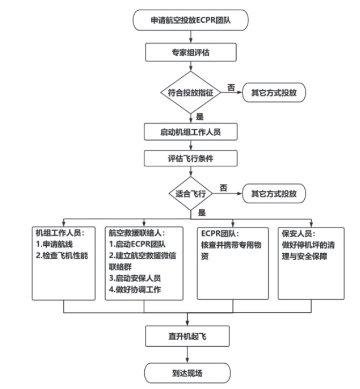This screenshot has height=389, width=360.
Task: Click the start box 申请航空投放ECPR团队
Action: pyautogui.click(x=190, y=21)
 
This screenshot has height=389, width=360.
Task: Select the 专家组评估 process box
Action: pyautogui.click(x=190, y=53)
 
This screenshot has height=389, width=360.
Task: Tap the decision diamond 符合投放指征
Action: pyautogui.click(x=190, y=92)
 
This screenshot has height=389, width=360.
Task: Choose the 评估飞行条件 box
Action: pyautogui.click(x=190, y=158)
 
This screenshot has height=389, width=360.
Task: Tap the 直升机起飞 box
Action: pyautogui.click(x=188, y=337)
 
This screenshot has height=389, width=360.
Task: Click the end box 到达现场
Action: pyautogui.click(x=187, y=372)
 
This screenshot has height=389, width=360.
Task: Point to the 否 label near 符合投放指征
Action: pyautogui.click(x=231, y=86)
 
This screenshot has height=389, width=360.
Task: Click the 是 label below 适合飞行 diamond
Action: pyautogui.click(x=202, y=212)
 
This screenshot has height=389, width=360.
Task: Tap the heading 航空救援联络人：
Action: pyautogui.click(x=137, y=233)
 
